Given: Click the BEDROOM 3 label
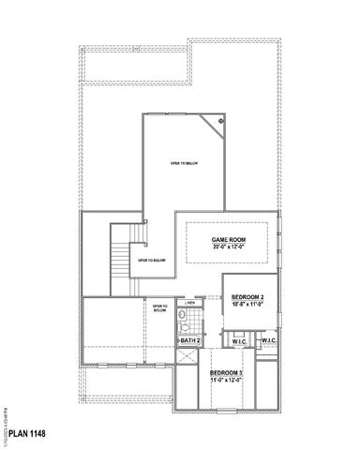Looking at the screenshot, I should click(x=226, y=372).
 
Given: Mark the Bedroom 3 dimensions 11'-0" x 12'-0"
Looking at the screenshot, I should click(x=226, y=380).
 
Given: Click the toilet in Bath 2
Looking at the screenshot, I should click(x=186, y=324).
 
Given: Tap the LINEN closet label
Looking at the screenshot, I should click(x=188, y=304).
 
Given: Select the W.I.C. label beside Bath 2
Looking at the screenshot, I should click(x=238, y=339).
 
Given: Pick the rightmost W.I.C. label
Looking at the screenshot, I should click(x=267, y=339).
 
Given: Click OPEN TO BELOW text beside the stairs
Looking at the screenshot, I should click(x=152, y=260).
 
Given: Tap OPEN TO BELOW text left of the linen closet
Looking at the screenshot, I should click(x=159, y=308).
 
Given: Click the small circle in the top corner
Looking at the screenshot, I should click(x=221, y=121).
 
